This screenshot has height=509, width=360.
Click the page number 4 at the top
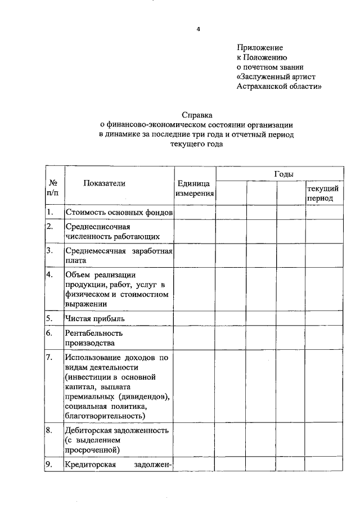198,29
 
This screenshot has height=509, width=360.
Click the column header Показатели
105,183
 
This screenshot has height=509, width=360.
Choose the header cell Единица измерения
195,188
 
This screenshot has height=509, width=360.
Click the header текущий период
323,193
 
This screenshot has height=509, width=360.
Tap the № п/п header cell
54,188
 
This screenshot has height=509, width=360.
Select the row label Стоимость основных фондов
118,212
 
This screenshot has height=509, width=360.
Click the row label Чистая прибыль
94,318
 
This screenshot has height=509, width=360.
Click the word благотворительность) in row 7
105,416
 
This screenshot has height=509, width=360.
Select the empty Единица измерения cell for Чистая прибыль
195,318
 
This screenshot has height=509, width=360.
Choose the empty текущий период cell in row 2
324,231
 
